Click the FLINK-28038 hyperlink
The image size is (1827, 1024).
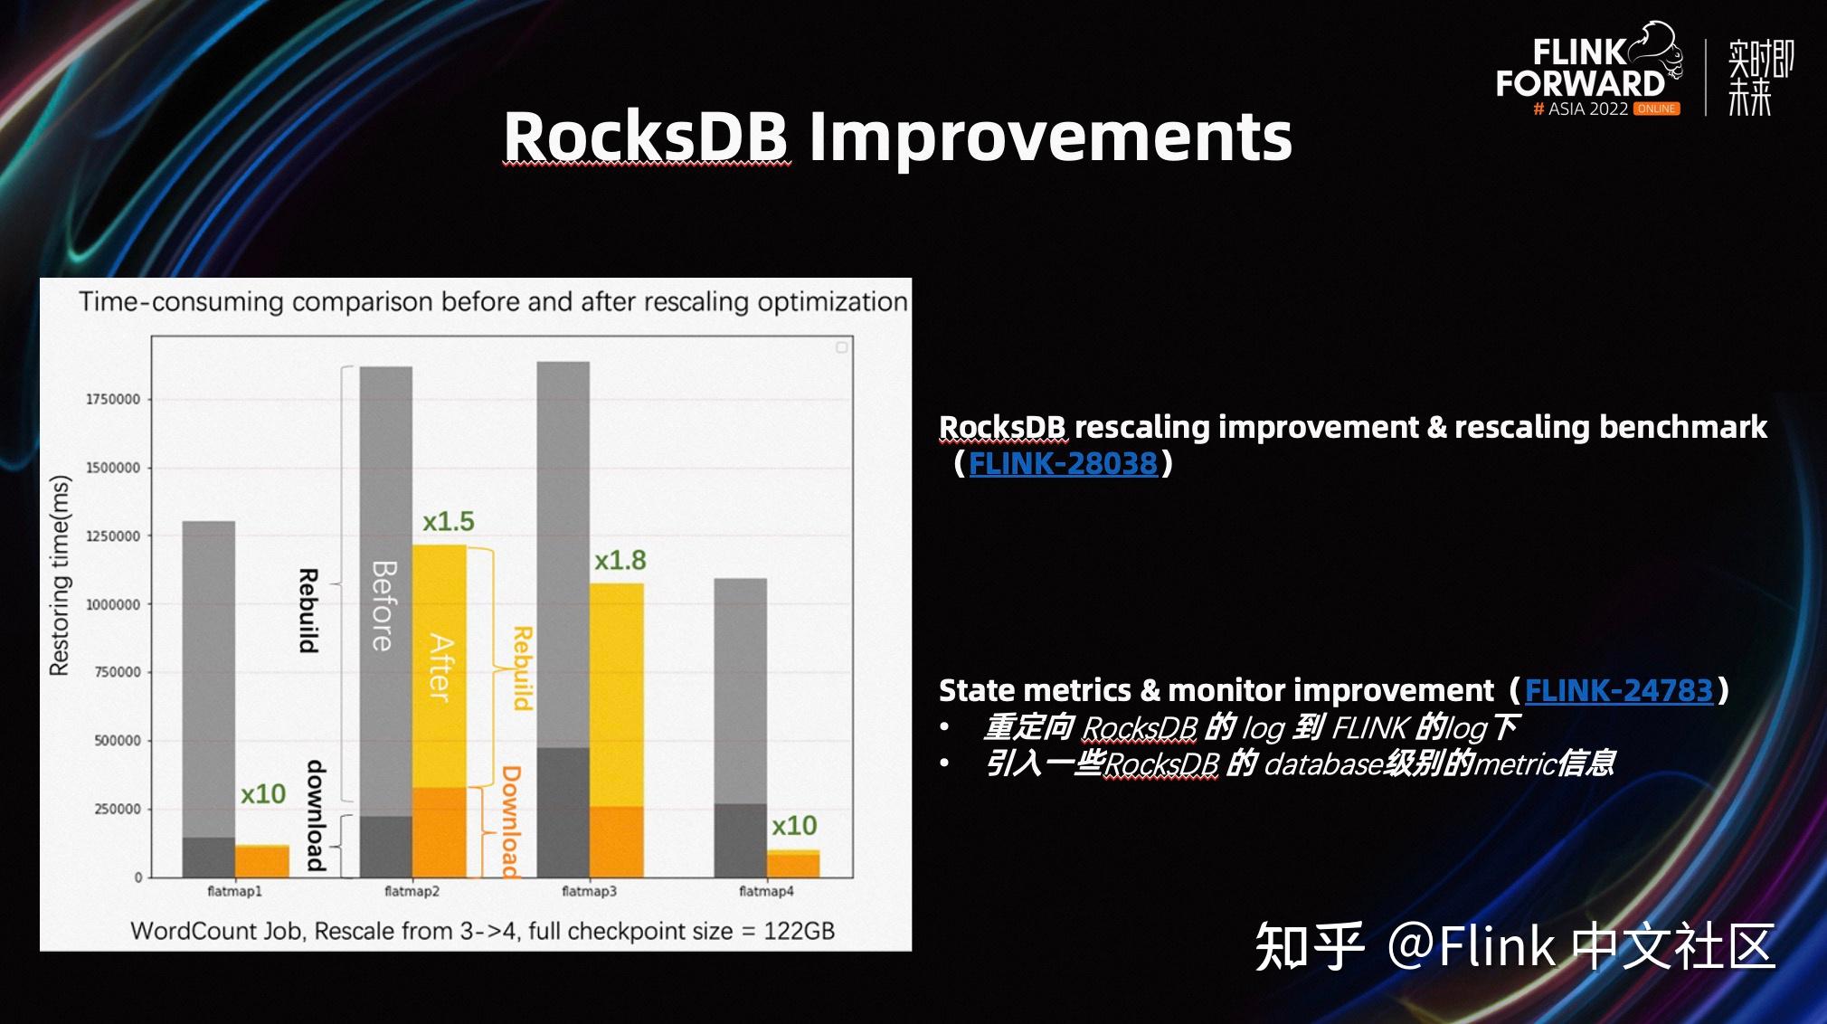[1063, 464]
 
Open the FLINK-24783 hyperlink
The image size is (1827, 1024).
[1618, 691]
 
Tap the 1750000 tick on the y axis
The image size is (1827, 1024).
[113, 400]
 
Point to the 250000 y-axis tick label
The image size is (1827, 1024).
[118, 810]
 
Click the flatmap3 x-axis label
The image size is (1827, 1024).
[589, 892]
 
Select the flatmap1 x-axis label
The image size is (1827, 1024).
[234, 892]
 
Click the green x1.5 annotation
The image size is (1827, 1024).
[449, 522]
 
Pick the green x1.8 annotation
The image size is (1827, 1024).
[620, 561]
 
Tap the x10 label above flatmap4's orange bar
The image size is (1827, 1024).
[793, 826]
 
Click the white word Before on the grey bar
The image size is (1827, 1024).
[383, 606]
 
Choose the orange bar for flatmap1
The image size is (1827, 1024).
[262, 861]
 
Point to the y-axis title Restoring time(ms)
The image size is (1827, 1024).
[60, 575]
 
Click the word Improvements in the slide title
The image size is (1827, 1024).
[1049, 137]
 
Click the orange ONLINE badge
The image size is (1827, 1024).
[1656, 109]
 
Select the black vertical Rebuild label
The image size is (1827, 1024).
[308, 611]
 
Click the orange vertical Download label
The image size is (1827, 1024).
[511, 821]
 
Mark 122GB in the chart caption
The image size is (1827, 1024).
[799, 931]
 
